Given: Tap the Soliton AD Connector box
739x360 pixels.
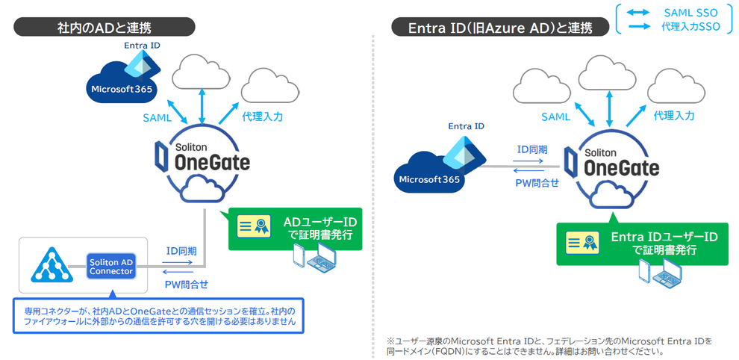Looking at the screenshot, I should click(x=110, y=267).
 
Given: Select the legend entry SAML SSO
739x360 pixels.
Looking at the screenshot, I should click(x=675, y=13).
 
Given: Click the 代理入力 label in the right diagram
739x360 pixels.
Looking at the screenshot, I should click(x=674, y=116).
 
